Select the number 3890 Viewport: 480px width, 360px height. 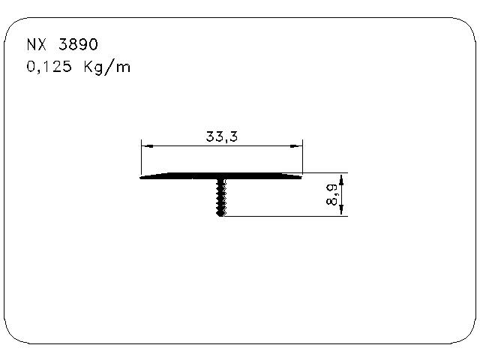tap(77, 44)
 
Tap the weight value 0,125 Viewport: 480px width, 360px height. tap(46, 67)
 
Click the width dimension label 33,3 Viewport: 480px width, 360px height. tap(217, 136)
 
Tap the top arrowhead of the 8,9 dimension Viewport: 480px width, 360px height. tap(342, 178)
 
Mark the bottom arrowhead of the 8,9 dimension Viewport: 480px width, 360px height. tap(342, 212)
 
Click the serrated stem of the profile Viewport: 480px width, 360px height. tap(220, 196)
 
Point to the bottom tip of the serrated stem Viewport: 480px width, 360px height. tap(220, 215)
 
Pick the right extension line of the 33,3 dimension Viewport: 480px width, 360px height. tap(303, 157)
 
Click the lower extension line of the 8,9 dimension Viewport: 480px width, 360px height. tap(285, 217)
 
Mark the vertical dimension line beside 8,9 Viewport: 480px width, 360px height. tap(342, 195)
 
